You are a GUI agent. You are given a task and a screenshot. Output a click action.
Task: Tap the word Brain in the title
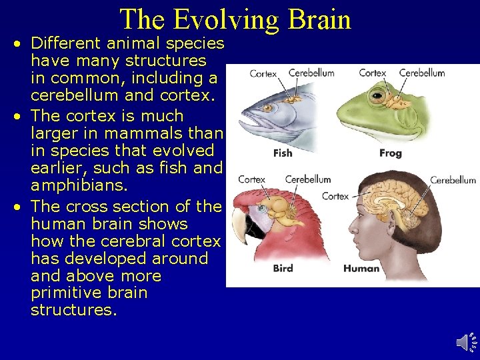pyautogui.click(x=318, y=20)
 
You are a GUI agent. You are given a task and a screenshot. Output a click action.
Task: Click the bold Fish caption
pyautogui.click(x=283, y=153)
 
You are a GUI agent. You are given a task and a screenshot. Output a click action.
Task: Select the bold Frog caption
pyautogui.click(x=390, y=153)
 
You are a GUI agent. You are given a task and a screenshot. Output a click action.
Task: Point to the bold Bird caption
pyautogui.click(x=283, y=269)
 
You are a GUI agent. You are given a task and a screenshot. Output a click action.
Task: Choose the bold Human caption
pyautogui.click(x=361, y=269)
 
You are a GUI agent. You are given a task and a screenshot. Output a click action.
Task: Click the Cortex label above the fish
pyautogui.click(x=263, y=73)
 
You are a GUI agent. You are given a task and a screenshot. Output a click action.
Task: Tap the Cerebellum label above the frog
pyautogui.click(x=422, y=73)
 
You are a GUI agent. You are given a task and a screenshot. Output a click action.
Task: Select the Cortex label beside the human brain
pyautogui.click(x=335, y=196)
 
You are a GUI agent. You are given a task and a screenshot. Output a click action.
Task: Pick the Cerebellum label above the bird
pyautogui.click(x=308, y=179)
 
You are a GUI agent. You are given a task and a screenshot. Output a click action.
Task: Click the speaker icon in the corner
pyautogui.click(x=466, y=342)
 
